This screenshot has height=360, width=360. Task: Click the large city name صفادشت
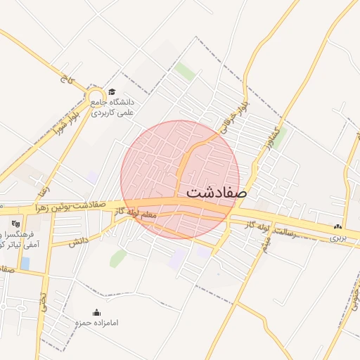pos(217,191)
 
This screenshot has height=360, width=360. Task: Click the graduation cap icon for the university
pos(111,91)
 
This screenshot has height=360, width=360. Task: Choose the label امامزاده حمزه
pos(97,323)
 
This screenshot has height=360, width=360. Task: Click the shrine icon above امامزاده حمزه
pos(97,312)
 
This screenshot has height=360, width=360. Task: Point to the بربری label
pos(338,238)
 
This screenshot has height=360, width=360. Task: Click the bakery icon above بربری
pos(338,226)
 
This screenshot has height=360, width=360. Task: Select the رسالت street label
pos(288,231)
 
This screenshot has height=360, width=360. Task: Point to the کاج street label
pos(67,81)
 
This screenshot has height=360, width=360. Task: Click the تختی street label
pos(43,303)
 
